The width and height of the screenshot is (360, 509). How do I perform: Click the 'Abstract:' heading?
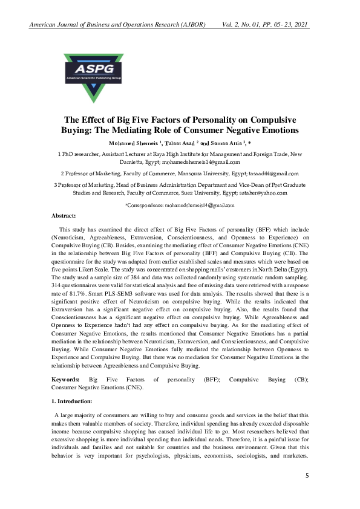[64, 216]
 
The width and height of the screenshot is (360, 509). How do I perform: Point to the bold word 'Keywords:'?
[66, 379]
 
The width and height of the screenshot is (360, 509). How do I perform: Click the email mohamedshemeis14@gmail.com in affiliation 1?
[201, 162]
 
